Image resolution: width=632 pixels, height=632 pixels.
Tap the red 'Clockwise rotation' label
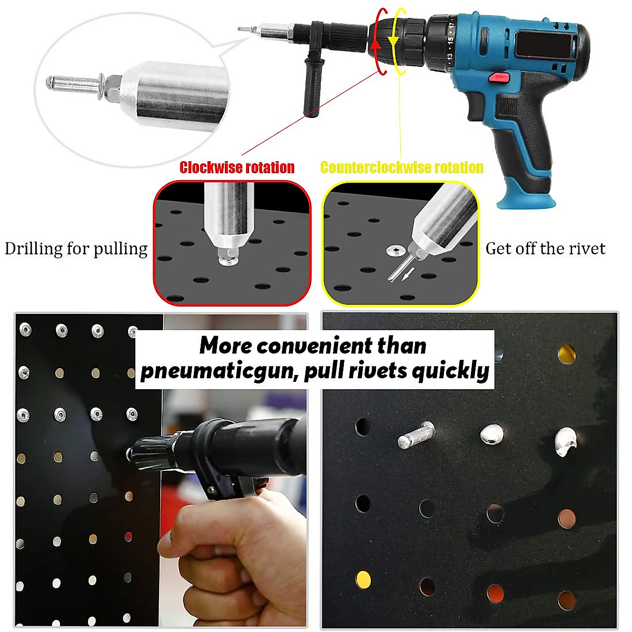click(237, 167)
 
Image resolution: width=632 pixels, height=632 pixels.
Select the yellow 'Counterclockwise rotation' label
click(402, 167)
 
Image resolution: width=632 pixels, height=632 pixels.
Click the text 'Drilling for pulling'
click(76, 249)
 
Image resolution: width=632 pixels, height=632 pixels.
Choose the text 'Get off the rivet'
click(545, 249)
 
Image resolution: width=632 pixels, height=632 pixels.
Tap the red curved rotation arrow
click(376, 45)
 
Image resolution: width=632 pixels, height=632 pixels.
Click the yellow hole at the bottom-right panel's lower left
click(363, 579)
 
